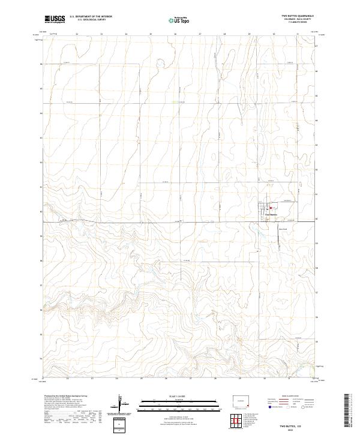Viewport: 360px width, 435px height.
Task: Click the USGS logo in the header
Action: [55, 19]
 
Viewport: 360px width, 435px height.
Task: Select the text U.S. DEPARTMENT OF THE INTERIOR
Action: [91, 16]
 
